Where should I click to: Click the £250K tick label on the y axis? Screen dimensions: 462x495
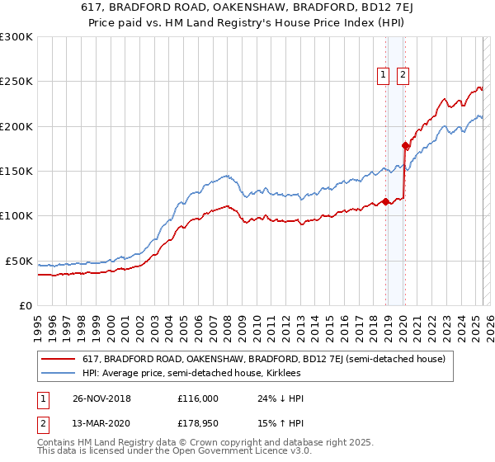tap(16, 82)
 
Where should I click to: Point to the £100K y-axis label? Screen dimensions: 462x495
tap(16, 215)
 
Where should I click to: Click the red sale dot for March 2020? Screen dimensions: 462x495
tap(405, 145)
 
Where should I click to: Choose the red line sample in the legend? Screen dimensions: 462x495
tap(57, 359)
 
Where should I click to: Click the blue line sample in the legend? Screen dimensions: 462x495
tap(57, 373)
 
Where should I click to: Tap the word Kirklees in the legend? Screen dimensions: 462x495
tap(282, 373)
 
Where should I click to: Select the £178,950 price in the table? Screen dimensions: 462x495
tap(199, 424)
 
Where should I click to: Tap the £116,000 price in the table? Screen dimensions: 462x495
tap(199, 398)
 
